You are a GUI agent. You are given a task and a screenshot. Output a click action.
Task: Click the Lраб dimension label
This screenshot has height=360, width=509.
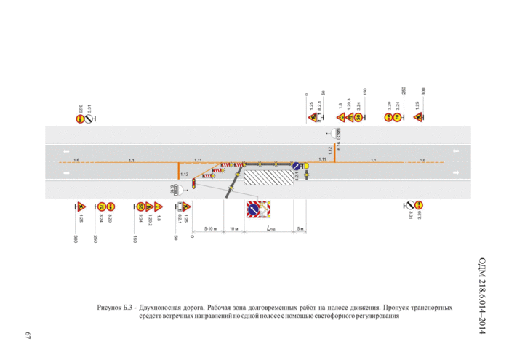coord(270,228)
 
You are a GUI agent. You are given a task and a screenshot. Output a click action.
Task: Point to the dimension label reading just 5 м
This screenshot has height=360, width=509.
coord(301,228)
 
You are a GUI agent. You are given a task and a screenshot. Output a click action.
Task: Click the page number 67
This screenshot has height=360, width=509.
coord(28,336)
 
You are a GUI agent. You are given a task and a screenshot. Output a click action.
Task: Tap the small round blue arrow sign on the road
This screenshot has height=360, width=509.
coord(297,167)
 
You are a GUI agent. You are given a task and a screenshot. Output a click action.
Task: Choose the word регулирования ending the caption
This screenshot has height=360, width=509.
coord(377,316)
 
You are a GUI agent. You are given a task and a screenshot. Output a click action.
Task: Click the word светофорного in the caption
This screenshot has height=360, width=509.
coord(326,316)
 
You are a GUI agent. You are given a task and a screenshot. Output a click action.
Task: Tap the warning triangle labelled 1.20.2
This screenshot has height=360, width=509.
coord(149,207)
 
